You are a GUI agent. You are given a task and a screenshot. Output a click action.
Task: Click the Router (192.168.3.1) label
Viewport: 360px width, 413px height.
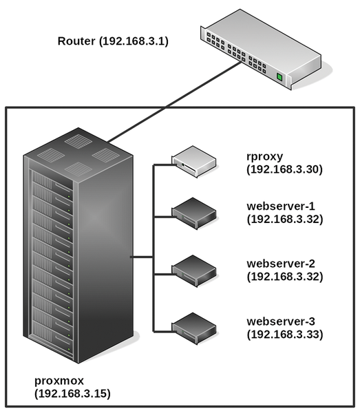point(113,41)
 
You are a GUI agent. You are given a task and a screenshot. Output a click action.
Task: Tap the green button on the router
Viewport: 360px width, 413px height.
point(279,77)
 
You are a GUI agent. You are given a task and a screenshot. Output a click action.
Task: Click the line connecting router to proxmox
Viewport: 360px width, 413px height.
point(175,102)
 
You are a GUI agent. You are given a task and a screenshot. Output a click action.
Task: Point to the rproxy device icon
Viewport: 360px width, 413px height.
point(194,162)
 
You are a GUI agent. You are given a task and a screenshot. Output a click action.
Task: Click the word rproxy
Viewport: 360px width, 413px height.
point(265,157)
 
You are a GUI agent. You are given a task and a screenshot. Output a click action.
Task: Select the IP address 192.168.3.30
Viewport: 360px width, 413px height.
point(284,169)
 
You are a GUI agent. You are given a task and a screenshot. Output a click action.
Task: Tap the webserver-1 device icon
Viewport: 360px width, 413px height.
point(194,213)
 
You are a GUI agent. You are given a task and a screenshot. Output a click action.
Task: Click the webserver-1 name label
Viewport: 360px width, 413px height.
point(281,206)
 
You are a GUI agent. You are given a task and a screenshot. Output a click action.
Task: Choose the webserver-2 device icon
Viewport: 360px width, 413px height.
point(194,271)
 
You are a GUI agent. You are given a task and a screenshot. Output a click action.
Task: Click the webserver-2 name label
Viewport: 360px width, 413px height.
point(281,264)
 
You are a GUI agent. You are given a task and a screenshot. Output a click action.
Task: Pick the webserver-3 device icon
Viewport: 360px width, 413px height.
point(194,328)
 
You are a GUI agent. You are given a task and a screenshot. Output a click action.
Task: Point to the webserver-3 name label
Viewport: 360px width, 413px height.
point(281,321)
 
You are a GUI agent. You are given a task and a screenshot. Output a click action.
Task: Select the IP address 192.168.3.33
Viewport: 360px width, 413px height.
point(285,335)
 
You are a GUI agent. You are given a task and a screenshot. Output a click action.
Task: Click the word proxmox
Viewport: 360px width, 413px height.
point(59,381)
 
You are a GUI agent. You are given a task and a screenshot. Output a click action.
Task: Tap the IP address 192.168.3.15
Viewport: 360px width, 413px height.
point(72,394)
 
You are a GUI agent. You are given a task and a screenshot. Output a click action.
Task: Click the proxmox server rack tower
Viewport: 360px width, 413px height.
point(78,246)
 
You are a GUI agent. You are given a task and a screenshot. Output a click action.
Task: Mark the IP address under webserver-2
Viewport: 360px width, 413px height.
point(285,277)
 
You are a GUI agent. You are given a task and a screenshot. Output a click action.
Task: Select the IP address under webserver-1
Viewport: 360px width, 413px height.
point(285,219)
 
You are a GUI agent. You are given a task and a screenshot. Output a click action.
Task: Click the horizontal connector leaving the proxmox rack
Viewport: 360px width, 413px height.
point(142,257)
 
